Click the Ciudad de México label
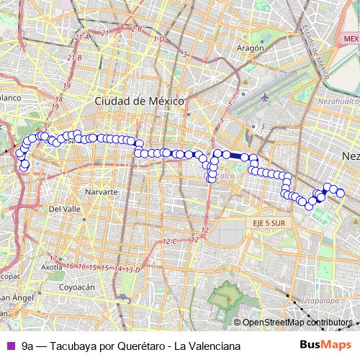point(140,102)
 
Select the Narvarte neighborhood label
point(101,193)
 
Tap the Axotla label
point(52,266)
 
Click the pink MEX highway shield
point(351,38)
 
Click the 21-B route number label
point(74,58)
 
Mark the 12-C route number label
point(171,241)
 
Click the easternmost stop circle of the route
point(341,193)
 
